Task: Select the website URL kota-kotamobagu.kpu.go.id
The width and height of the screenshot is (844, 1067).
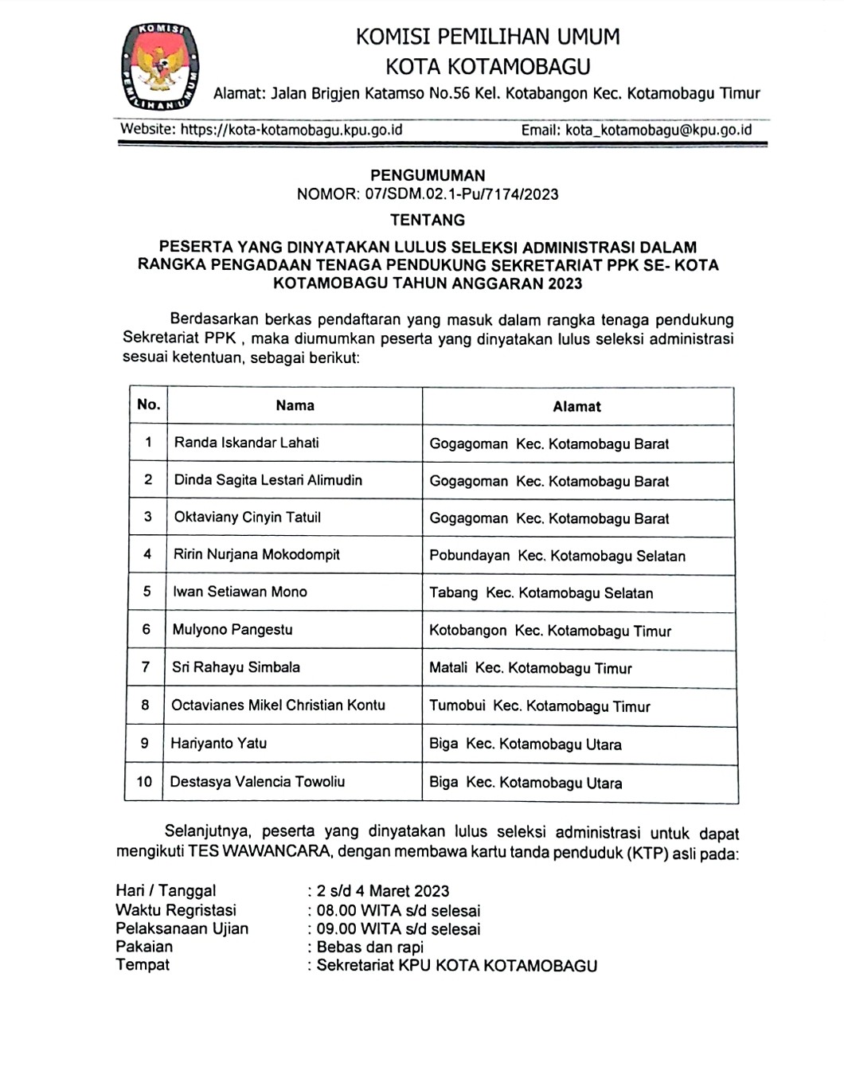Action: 291,130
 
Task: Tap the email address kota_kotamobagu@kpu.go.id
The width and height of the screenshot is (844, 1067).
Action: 658,130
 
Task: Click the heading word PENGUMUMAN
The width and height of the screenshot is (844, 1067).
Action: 428,175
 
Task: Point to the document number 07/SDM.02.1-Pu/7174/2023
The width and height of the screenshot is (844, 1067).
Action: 462,194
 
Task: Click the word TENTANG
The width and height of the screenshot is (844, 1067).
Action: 428,220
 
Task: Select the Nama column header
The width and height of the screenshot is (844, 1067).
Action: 295,405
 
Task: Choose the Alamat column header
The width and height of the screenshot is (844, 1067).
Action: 577,407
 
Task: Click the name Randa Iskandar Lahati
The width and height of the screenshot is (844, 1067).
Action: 247,443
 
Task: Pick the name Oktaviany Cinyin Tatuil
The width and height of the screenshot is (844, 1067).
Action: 248,518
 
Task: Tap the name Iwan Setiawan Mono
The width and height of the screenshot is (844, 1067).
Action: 240,592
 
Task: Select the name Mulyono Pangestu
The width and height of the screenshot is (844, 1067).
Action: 232,630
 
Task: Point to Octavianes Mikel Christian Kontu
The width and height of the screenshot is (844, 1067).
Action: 278,705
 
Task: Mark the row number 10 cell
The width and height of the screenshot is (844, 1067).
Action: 144,781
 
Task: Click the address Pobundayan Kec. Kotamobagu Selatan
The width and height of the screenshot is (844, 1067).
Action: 557,556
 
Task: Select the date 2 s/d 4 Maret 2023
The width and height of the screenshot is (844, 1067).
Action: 383,891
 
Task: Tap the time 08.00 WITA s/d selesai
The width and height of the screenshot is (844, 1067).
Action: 399,910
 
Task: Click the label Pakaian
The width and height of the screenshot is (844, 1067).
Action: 144,947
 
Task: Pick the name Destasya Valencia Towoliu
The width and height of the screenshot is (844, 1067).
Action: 257,781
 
